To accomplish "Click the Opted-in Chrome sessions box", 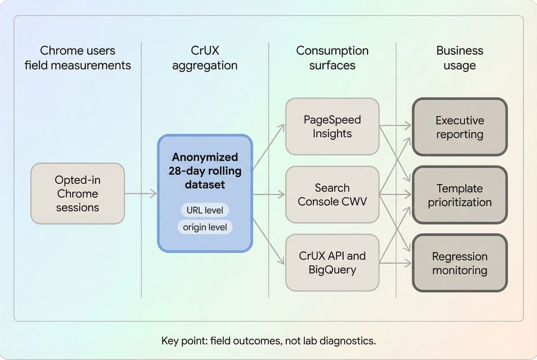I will [x=77, y=193].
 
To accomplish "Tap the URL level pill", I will [x=204, y=211].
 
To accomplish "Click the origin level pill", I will [x=204, y=227].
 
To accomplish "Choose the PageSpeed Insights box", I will [x=332, y=126].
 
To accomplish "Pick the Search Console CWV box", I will [x=332, y=194].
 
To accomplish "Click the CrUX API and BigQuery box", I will [x=332, y=262].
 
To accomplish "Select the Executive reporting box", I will [x=460, y=127].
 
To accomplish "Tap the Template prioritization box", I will [x=460, y=195].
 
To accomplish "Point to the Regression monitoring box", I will [x=460, y=263].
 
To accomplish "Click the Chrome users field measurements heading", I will [x=77, y=58].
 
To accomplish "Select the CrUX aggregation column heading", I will [x=205, y=58].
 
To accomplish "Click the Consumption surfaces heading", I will [x=332, y=58].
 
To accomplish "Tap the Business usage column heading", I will [x=460, y=58].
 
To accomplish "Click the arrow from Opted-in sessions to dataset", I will [x=141, y=194].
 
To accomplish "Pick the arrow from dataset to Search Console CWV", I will [x=268, y=194].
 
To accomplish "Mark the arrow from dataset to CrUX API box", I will [x=268, y=242].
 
